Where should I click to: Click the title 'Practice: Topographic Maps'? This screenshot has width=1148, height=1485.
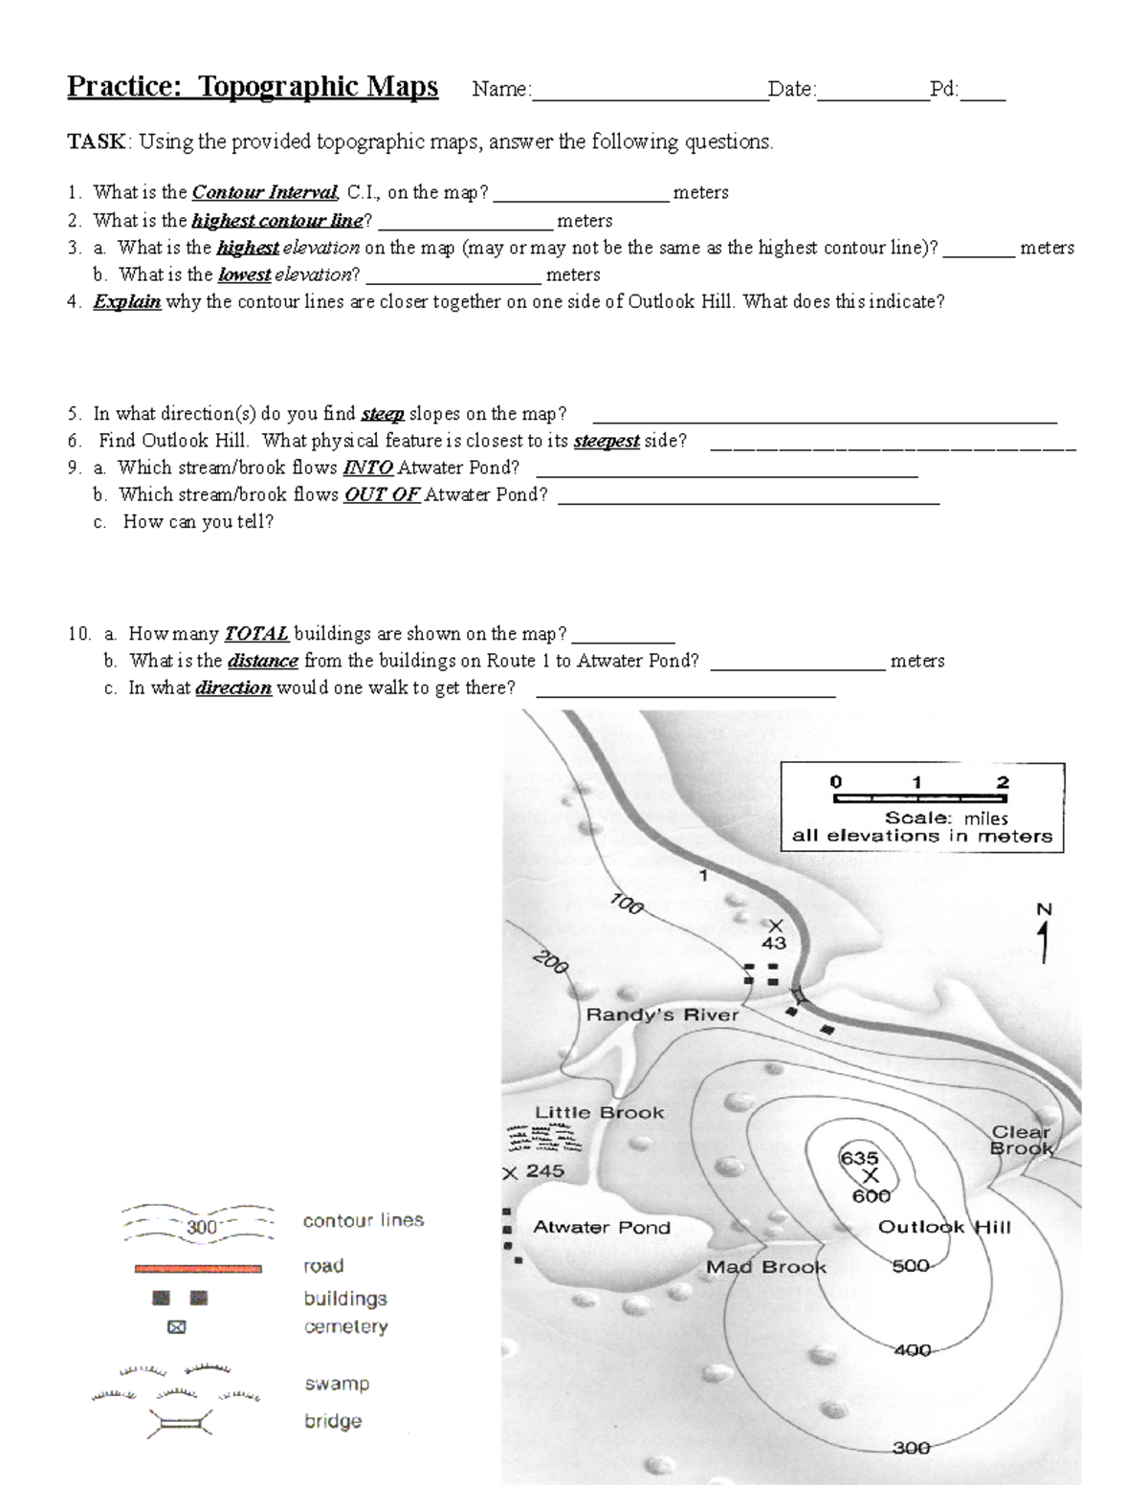tap(253, 87)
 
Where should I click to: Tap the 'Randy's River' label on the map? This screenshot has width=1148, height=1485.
tap(662, 1015)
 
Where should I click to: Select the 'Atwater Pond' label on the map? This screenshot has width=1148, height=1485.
tap(601, 1227)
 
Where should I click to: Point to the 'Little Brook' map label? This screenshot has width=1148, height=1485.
tap(599, 1112)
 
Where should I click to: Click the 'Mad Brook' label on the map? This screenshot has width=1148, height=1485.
tap(765, 1267)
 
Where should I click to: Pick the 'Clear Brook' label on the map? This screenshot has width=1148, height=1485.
tap(1021, 1140)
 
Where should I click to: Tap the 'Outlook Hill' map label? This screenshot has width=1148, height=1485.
tap(943, 1227)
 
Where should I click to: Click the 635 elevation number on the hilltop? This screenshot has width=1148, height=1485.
tap(859, 1158)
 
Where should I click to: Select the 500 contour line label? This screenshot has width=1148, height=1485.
tap(910, 1266)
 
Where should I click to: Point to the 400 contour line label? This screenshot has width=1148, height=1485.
tap(912, 1350)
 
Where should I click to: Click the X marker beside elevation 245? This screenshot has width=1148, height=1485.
tap(510, 1173)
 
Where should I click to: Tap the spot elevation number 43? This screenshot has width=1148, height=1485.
tap(773, 943)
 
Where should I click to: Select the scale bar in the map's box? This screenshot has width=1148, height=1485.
tap(918, 797)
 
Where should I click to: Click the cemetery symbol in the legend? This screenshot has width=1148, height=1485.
tap(176, 1327)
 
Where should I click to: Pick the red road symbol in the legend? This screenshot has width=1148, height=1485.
tap(198, 1268)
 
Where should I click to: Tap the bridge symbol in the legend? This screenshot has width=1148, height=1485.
tap(179, 1423)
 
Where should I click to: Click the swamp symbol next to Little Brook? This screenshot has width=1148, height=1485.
tap(543, 1139)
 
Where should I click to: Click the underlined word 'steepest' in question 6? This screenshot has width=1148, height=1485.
tap(606, 441)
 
